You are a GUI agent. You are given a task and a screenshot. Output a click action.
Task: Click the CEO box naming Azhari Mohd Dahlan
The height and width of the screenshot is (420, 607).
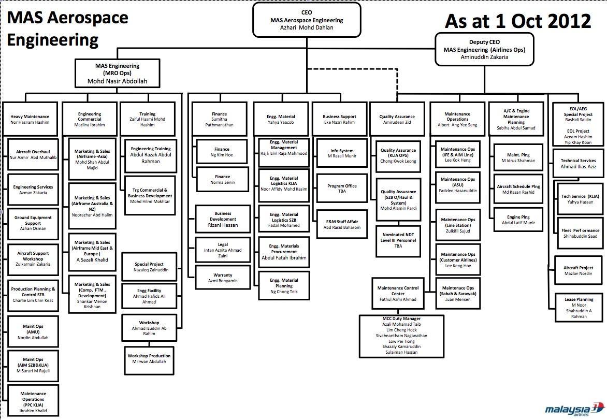(x=306, y=20)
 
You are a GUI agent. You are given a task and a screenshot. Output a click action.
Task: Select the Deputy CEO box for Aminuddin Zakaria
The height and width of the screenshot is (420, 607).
(x=484, y=49)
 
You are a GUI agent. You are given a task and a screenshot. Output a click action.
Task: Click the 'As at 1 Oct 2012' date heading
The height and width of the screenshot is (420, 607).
(x=518, y=21)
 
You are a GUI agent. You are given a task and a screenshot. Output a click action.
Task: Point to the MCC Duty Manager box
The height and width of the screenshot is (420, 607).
(x=397, y=336)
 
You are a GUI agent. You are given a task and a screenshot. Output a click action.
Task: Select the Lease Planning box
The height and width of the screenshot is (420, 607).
(x=579, y=308)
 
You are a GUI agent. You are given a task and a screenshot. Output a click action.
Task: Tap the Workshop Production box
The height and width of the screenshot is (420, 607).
(x=149, y=358)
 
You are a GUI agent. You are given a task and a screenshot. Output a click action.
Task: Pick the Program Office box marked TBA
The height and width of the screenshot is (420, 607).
(x=342, y=189)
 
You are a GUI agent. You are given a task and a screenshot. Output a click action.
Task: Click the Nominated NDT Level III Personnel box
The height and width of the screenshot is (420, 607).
(x=398, y=240)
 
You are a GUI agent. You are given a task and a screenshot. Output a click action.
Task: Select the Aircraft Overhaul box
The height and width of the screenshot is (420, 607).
(x=33, y=154)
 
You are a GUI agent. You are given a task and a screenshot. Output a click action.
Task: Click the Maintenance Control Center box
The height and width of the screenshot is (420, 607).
(x=397, y=293)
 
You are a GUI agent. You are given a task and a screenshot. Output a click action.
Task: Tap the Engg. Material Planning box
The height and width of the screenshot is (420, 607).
(x=284, y=285)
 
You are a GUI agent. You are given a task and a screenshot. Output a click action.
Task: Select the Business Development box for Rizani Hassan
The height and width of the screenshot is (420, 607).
(x=222, y=219)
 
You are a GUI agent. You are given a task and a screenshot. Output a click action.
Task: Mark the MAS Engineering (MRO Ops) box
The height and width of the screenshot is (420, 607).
(x=117, y=74)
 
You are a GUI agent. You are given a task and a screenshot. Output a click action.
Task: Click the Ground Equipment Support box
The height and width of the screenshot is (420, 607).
(x=33, y=223)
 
